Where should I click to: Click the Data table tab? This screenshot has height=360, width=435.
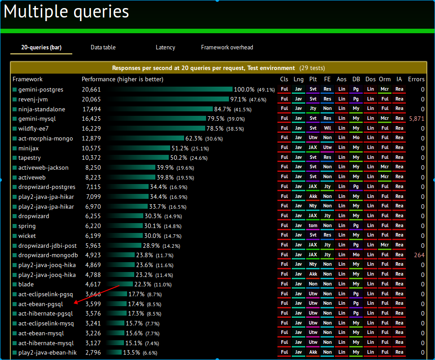pyautogui.click(x=103, y=47)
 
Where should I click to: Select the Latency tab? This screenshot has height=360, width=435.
pyautogui.click(x=165, y=47)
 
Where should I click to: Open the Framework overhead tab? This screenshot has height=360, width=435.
pyautogui.click(x=227, y=47)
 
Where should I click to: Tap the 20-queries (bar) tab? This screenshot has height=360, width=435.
pyautogui.click(x=41, y=47)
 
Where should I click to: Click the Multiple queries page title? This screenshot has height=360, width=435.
pyautogui.click(x=66, y=12)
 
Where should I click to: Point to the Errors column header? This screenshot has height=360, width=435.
pyautogui.click(x=416, y=79)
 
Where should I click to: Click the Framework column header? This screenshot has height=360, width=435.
pyautogui.click(x=27, y=79)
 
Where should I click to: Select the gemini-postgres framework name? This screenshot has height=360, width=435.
pyautogui.click(x=40, y=89)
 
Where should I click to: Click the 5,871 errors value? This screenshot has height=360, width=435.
pyautogui.click(x=417, y=119)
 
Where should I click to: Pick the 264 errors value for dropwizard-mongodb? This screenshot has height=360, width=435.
pyautogui.click(x=419, y=255)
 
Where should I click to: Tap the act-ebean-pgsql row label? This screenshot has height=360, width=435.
pyautogui.click(x=40, y=304)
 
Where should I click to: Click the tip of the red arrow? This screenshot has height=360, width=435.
pyautogui.click(x=75, y=303)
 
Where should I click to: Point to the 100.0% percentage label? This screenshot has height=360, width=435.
pyautogui.click(x=244, y=89)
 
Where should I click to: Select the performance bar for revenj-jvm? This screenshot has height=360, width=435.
pyautogui.click(x=168, y=99)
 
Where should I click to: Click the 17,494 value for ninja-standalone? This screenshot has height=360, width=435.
pyautogui.click(x=92, y=109)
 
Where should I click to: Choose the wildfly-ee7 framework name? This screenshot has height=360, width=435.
pyautogui.click(x=33, y=128)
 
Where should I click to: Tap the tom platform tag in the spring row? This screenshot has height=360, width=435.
pyautogui.click(x=313, y=226)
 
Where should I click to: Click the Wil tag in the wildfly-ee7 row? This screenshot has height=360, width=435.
pyautogui.click(x=327, y=128)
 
